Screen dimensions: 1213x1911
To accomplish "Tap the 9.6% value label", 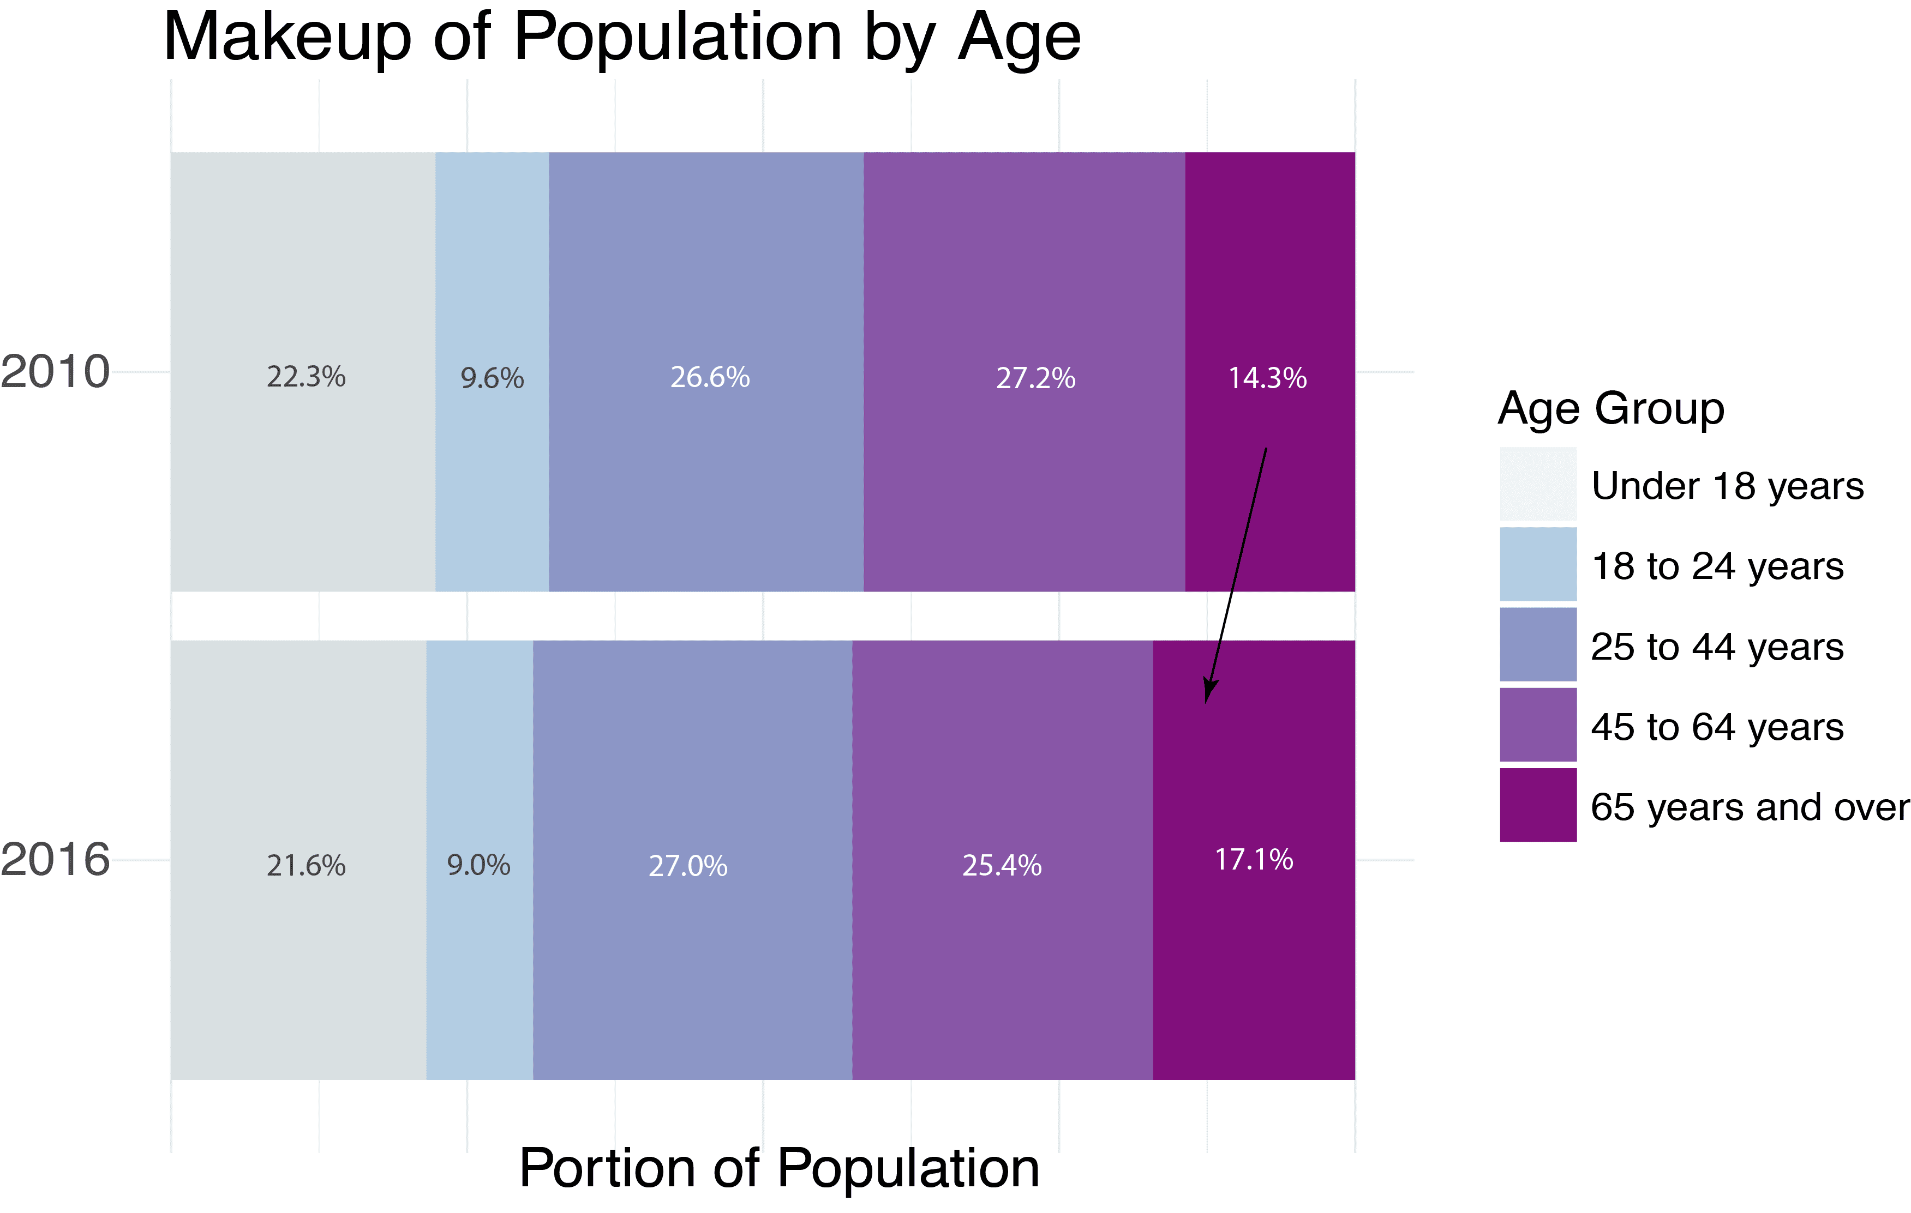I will coord(492,378).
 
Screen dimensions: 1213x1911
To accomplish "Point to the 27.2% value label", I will coord(1035,378).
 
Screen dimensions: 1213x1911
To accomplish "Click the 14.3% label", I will coord(1267,378).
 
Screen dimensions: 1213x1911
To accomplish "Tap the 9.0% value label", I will coord(478,865).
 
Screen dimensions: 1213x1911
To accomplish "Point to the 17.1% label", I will coord(1253,860).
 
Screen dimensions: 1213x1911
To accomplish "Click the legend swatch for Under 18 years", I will coord(1537,484).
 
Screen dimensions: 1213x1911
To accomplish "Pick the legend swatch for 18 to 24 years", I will coord(1537,564).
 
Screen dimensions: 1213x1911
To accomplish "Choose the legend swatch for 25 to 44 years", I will coord(1537,644).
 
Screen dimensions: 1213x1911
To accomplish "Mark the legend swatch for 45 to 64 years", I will coord(1537,725).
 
